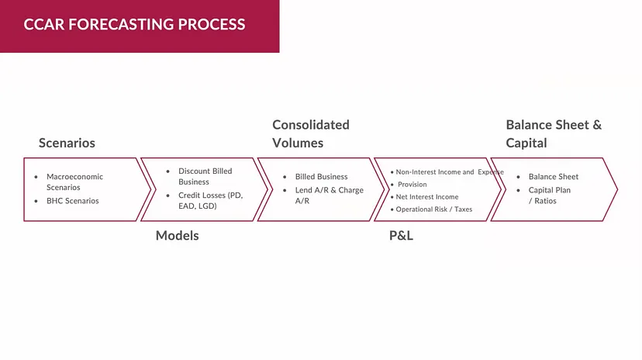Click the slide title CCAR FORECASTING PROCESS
click(134, 24)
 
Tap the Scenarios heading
click(67, 143)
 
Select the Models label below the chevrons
click(177, 235)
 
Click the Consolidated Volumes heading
click(310, 133)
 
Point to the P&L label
click(401, 235)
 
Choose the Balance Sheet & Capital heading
click(553, 133)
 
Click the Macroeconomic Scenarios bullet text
click(74, 182)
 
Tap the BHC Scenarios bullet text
click(73, 201)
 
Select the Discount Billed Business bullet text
click(205, 176)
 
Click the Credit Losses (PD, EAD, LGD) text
click(210, 200)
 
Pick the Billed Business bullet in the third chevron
click(321, 177)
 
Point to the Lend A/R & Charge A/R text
click(329, 195)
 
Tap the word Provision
click(412, 185)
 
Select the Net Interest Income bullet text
click(427, 197)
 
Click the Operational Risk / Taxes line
click(433, 209)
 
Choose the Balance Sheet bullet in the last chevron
click(553, 177)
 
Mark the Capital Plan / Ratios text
click(549, 195)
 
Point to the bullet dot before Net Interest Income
click(392, 197)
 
